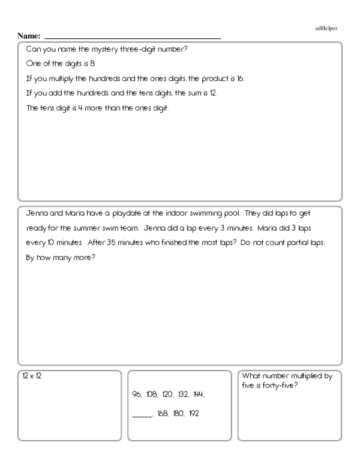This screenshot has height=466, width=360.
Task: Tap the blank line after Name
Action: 132,37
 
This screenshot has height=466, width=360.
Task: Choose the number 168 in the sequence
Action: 163,414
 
